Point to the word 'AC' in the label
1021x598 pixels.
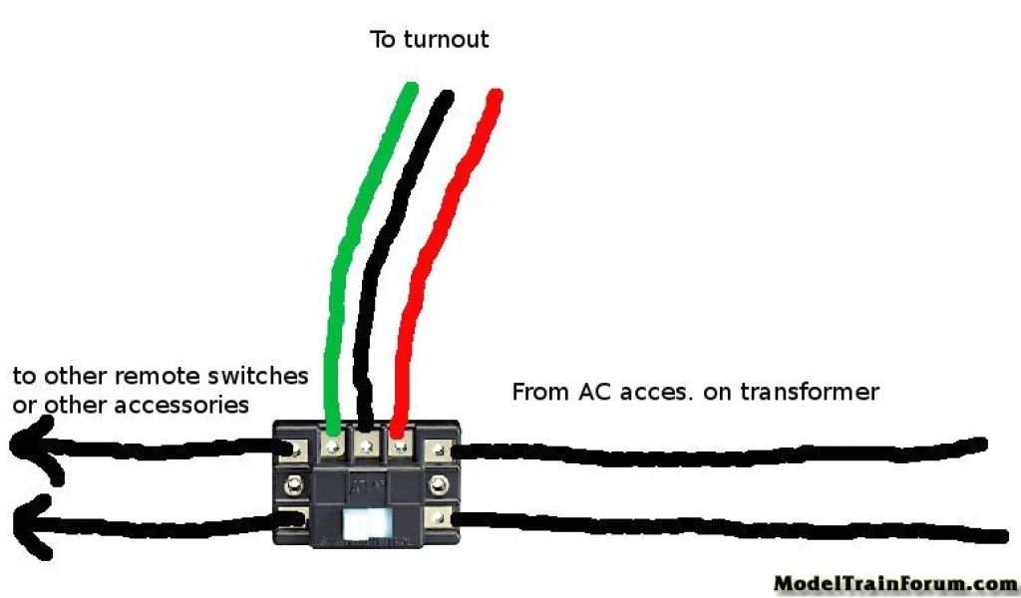[x=597, y=392]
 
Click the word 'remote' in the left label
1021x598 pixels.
[x=151, y=377]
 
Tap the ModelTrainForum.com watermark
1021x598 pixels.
[x=893, y=583]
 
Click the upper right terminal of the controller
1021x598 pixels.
[x=440, y=450]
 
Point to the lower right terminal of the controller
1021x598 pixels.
[x=440, y=518]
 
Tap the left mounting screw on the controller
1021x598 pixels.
[x=293, y=485]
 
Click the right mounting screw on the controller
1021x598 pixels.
[x=439, y=485]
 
